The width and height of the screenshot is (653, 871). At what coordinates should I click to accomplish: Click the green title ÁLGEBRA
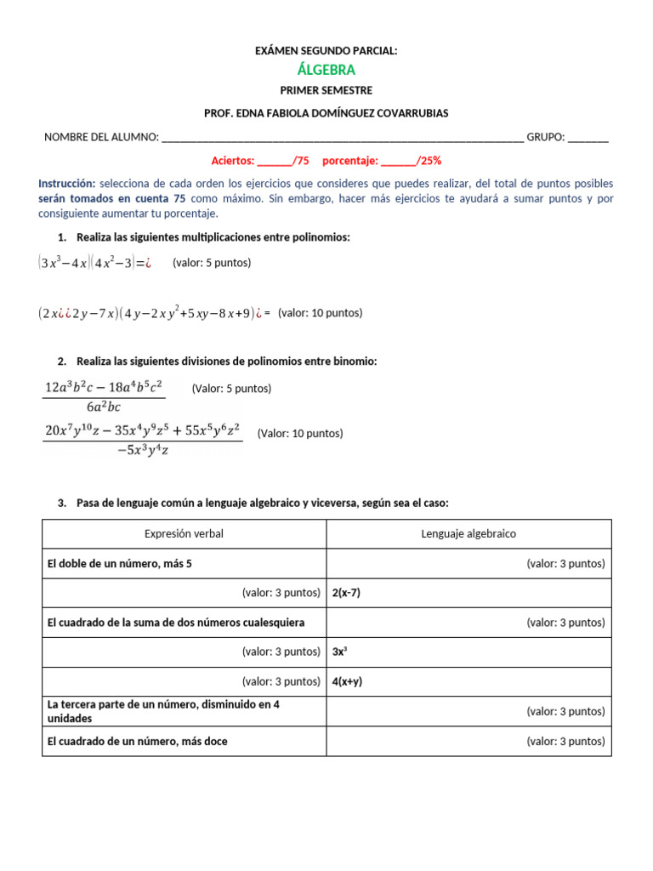[326, 70]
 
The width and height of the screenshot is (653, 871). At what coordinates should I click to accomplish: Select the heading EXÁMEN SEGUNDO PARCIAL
[326, 51]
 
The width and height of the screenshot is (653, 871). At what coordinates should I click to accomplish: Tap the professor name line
[326, 113]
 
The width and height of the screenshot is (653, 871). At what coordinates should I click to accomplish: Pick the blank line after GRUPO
[588, 137]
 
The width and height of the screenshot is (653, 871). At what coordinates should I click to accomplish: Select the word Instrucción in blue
[67, 184]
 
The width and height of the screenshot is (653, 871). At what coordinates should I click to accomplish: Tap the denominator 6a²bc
[104, 407]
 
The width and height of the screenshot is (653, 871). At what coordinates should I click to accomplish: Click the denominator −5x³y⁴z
[143, 450]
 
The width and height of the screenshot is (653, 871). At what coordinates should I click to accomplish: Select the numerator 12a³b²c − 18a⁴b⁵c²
[103, 387]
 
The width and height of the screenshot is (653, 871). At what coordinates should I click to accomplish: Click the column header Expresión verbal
[185, 534]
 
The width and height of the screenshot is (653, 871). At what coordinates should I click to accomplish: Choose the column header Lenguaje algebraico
[468, 534]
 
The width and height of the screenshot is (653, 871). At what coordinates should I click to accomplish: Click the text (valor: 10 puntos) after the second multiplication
[320, 313]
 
